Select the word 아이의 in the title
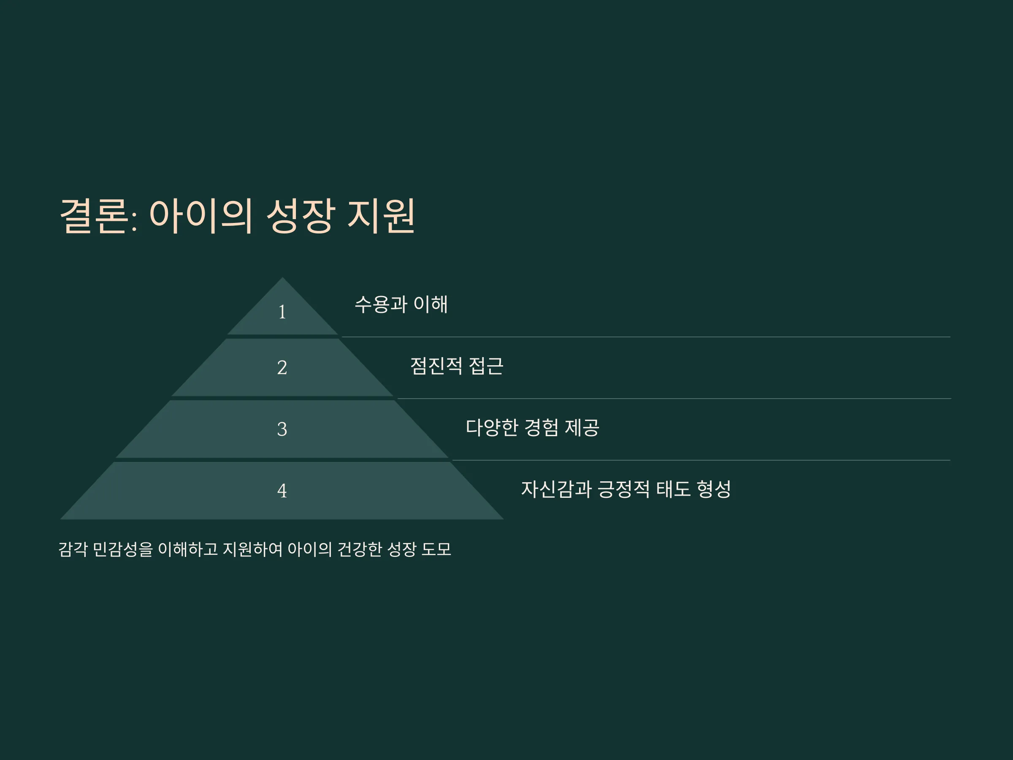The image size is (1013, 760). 200,216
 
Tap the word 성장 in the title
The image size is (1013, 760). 301,216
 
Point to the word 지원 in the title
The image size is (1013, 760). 381,216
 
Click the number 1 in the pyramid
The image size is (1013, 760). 282,312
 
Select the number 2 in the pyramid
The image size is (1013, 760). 282,367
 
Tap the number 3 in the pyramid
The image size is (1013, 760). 282,429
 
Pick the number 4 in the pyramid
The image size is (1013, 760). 282,491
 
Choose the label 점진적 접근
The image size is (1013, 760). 457,366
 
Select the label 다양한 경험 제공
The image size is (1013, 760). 532,428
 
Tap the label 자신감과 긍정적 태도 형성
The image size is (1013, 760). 626,489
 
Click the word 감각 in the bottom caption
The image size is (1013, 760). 73,549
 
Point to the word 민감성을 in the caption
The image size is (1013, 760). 123,549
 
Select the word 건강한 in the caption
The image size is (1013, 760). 360,549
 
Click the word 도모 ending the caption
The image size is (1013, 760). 436,549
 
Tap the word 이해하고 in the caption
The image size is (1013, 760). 188,549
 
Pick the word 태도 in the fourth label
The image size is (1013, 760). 673,489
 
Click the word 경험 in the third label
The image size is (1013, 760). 541,428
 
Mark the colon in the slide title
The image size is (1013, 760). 134,223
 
